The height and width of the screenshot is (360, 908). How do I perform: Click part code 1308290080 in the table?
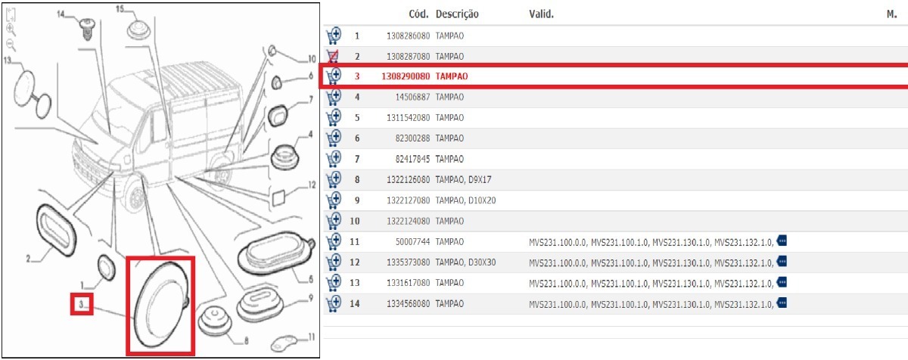click(406, 76)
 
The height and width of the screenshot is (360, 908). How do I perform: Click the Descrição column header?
click(457, 14)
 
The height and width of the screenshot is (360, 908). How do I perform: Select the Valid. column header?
click(541, 14)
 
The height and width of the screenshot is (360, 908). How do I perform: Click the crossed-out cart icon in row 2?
click(333, 56)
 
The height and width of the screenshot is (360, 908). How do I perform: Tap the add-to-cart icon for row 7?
click(334, 159)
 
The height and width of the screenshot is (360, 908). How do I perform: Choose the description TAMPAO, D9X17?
click(463, 179)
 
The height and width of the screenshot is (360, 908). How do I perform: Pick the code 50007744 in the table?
click(412, 242)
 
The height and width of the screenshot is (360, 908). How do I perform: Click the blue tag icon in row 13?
click(782, 282)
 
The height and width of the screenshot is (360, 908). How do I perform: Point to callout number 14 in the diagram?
click(61, 14)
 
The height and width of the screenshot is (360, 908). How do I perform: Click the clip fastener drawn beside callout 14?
click(86, 28)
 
